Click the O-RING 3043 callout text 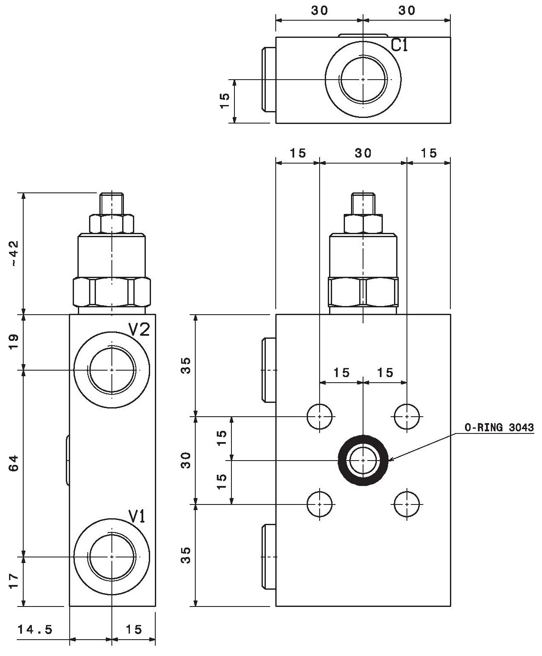point(499,427)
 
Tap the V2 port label point(139,330)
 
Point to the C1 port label point(400,45)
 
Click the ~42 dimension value point(15,254)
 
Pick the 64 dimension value point(15,463)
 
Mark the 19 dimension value point(15,343)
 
